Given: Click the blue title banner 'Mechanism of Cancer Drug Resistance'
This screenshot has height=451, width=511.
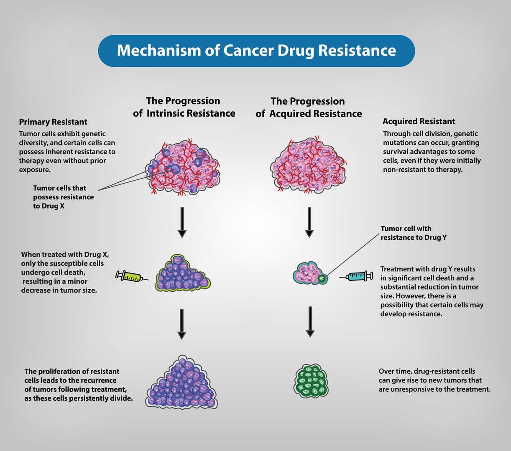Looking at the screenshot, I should tap(256, 51).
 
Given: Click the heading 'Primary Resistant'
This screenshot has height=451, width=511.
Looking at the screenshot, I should tap(53, 122).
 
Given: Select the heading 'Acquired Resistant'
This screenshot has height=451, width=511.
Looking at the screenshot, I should tap(419, 122).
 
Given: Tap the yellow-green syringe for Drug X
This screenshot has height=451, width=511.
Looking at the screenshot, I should tap(131, 276).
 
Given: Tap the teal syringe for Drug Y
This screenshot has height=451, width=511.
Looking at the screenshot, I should tap(357, 276).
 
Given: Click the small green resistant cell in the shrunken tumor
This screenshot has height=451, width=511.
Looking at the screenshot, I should tap(322, 277).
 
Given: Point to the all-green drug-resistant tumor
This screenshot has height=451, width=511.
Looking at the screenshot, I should tap(311, 380).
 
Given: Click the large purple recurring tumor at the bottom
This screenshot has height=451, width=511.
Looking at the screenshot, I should tap(182, 383).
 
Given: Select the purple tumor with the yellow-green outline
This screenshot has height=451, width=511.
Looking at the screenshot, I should tap(183, 274).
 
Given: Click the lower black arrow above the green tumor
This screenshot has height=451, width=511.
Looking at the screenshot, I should tap(310, 321).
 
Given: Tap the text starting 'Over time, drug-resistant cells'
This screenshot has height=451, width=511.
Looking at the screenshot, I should tap(434, 380).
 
